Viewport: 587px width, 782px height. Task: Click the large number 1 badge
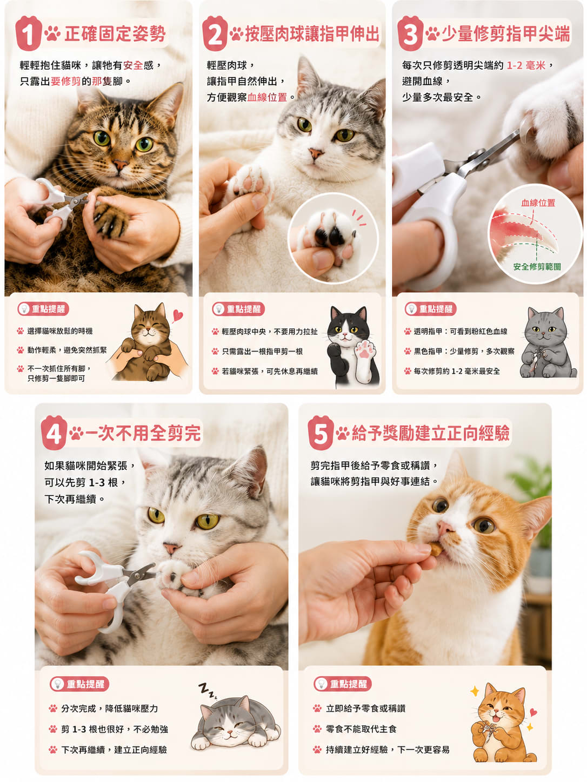coord(28,33)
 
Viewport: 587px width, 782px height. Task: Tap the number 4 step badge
coord(54,433)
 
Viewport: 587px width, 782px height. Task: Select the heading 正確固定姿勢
coord(115,34)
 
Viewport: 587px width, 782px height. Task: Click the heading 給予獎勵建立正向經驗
coord(430,433)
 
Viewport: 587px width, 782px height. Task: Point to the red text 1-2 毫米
coord(526,65)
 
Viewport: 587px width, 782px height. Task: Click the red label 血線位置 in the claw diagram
coord(538,203)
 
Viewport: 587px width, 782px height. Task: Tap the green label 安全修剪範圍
coord(537,266)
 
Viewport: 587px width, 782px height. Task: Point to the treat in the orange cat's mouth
coord(436,549)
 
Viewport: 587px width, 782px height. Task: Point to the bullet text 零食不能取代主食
coord(361,729)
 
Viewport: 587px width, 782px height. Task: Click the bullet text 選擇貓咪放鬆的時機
coord(60,331)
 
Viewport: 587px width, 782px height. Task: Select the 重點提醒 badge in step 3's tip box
coord(430,308)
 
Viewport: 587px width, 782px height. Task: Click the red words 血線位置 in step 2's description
coord(267,97)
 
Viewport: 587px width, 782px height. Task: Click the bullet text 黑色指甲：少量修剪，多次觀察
coord(464,351)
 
